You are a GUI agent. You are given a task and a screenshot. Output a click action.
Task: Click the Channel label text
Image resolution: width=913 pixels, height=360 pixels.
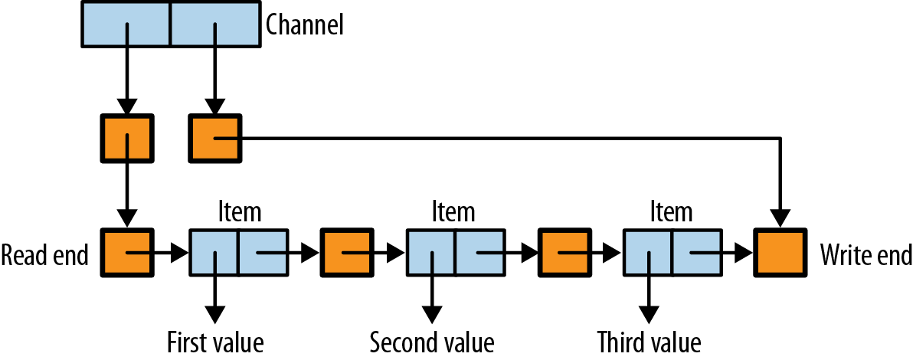pos(304,25)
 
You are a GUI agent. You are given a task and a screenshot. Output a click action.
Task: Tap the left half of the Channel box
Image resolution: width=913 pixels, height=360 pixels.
pos(126,25)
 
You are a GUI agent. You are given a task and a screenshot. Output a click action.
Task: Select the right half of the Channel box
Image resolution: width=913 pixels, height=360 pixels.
pos(214,25)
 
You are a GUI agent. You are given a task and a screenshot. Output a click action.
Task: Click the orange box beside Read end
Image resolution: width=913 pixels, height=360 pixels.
pos(127,252)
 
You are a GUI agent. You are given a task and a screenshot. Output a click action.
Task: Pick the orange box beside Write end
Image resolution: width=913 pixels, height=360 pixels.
pos(779,252)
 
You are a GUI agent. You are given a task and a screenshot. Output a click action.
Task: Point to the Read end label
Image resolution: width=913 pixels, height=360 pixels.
pos(45,253)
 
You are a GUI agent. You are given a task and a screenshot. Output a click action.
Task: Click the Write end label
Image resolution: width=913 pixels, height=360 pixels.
pos(866,253)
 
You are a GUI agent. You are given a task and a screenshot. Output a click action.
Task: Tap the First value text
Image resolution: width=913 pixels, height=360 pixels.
pos(216,341)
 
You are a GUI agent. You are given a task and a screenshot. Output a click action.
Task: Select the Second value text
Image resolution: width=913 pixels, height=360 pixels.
pos(432,341)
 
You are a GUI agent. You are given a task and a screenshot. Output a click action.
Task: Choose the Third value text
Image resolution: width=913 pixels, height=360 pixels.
pos(650,341)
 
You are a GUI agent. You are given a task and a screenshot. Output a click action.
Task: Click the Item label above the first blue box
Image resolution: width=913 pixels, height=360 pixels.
pos(239,211)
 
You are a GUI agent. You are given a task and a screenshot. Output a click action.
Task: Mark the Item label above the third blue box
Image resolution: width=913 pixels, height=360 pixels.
pos(671,211)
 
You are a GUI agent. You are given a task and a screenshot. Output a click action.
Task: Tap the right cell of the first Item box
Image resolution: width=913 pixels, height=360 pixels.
pos(263,252)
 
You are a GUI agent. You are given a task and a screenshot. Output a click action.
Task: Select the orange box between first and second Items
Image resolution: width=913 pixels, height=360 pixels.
pos(345,252)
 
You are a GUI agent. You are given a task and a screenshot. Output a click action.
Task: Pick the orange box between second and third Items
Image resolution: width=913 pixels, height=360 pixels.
pos(563,252)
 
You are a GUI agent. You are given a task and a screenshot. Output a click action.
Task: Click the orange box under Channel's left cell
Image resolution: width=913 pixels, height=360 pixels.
pos(127,139)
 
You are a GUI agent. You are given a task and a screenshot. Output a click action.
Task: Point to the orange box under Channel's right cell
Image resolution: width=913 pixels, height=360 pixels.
pos(215,139)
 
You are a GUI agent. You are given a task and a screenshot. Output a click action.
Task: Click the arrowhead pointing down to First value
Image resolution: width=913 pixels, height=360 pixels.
pos(216,315)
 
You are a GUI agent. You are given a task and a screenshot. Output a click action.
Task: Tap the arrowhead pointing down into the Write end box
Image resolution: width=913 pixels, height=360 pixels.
pos(780,219)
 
